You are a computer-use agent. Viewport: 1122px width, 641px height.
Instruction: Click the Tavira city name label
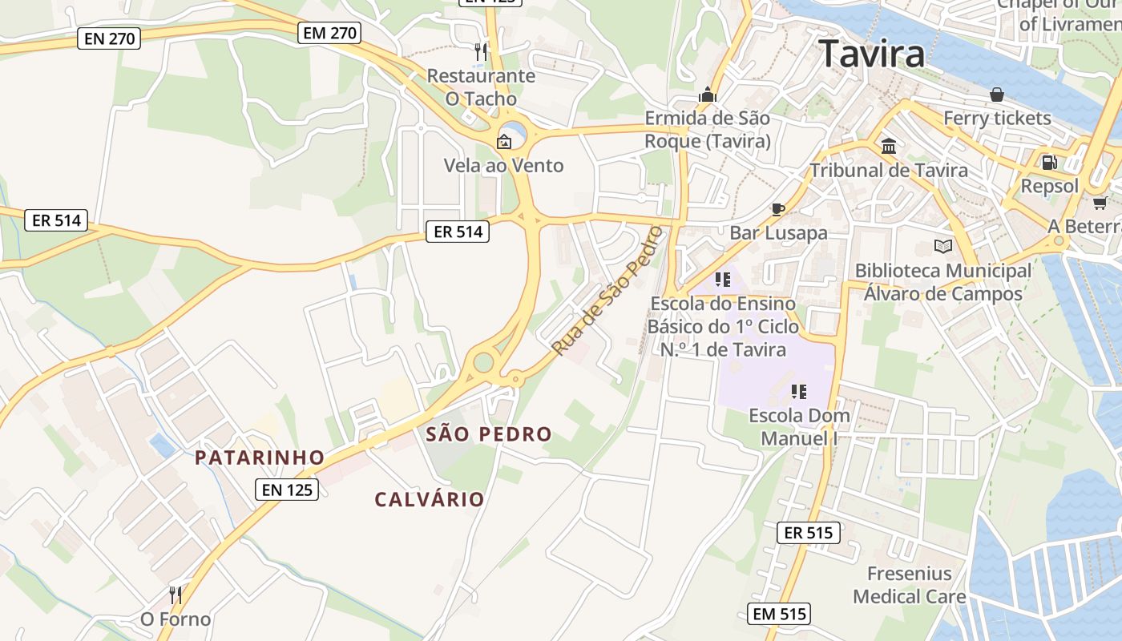point(872,54)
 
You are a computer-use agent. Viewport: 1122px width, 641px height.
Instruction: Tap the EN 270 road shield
point(109,38)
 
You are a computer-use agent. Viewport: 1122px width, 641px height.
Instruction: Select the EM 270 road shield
point(329,33)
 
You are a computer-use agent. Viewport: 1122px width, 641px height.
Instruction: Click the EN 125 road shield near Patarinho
point(287,490)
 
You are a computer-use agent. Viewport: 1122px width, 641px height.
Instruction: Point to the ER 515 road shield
point(809,532)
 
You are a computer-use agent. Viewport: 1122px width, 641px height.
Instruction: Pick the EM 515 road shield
point(779,615)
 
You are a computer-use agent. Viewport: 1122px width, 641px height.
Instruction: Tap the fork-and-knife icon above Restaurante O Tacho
point(480,52)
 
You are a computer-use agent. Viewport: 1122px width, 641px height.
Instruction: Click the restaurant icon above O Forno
point(176,595)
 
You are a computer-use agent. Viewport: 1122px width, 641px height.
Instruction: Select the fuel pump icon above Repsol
point(1049,162)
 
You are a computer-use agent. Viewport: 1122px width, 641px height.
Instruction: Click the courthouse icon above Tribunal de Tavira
point(889,146)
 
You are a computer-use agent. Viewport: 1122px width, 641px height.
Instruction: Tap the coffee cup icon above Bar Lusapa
point(777,209)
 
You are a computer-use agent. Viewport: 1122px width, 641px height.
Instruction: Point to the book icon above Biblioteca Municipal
point(943,246)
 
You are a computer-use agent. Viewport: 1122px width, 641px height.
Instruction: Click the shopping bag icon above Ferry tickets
point(997,95)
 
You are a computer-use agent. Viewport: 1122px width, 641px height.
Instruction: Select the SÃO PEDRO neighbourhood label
point(489,435)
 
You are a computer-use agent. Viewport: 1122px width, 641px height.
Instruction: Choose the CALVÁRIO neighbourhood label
point(430,499)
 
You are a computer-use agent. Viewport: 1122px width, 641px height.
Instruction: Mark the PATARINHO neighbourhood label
point(260,458)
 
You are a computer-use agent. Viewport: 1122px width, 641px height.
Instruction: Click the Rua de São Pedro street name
point(609,290)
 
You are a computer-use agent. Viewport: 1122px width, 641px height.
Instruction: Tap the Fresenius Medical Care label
point(910,585)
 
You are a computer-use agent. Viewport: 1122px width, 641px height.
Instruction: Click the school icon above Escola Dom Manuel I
point(798,392)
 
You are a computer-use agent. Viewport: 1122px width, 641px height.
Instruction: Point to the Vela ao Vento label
point(504,166)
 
